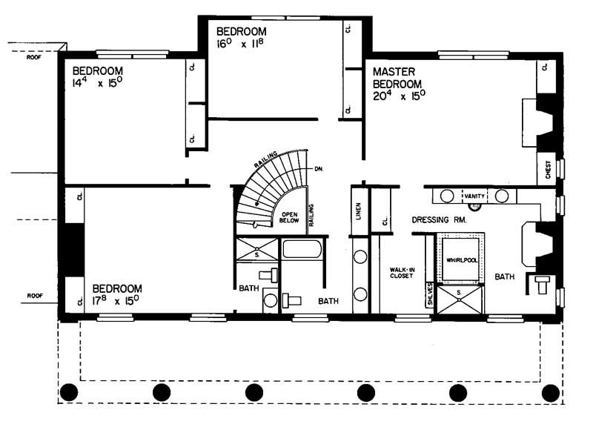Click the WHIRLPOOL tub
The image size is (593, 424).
click(463, 259)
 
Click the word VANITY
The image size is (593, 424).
click(475, 196)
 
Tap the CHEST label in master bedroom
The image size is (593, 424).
click(548, 170)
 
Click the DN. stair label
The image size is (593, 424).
click(319, 169)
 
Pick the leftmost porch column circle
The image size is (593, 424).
click(69, 391)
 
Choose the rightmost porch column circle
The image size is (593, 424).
click(549, 391)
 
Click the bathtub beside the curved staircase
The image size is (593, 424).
click(302, 248)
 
